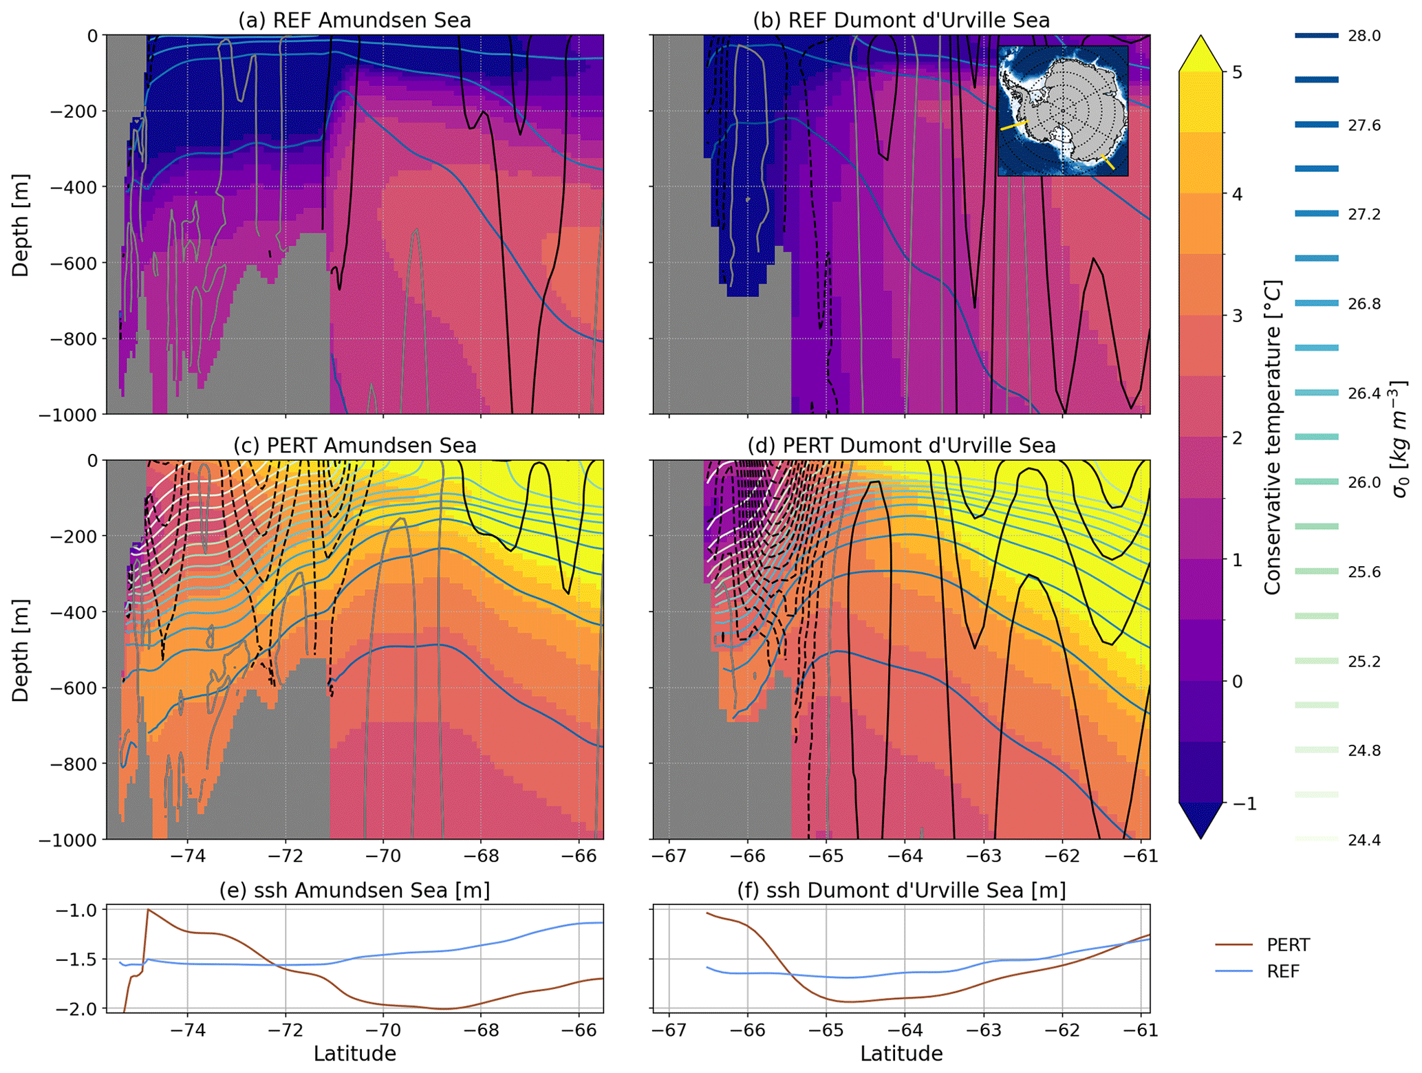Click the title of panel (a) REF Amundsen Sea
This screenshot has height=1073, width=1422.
pyautogui.click(x=354, y=20)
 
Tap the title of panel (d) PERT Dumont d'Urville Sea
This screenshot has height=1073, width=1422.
pyautogui.click(x=901, y=445)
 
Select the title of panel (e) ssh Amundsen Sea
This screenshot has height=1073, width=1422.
pyautogui.click(x=354, y=890)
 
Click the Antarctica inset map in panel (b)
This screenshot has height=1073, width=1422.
pyautogui.click(x=1062, y=111)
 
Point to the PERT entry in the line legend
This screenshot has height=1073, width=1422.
pyautogui.click(x=1288, y=944)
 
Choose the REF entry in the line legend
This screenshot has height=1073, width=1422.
pyautogui.click(x=1282, y=971)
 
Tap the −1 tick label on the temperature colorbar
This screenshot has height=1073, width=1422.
pyautogui.click(x=1241, y=803)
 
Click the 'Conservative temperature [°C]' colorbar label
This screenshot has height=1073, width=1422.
pyautogui.click(x=1273, y=437)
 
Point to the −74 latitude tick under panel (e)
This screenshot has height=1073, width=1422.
pyautogui.click(x=187, y=1030)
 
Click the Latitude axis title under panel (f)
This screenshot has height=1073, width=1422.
pyautogui.click(x=901, y=1053)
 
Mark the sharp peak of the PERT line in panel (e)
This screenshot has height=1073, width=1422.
pyautogui.click(x=148, y=910)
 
